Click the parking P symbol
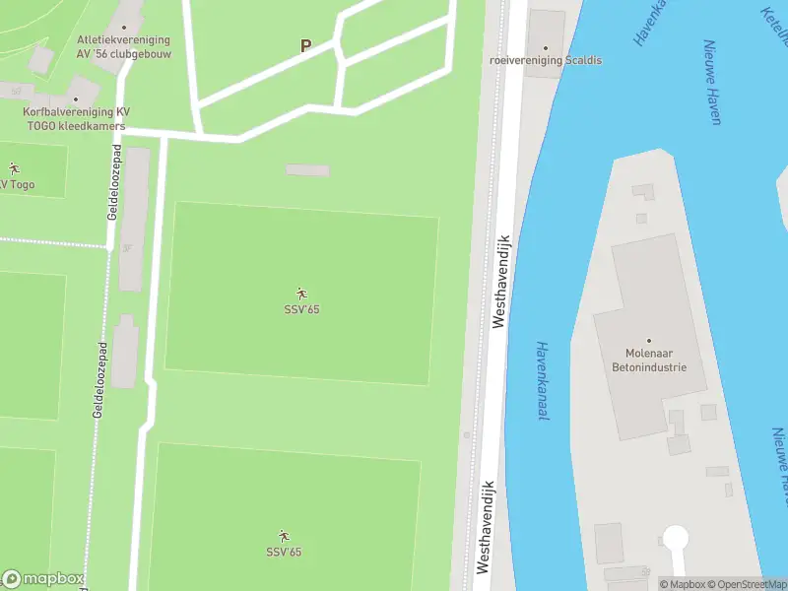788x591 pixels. coord(305,45)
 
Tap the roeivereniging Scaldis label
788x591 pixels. coord(545,60)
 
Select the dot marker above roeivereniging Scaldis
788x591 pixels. coord(545,45)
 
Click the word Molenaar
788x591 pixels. coord(648,354)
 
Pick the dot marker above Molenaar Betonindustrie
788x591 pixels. coord(648,340)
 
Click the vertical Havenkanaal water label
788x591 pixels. coord(541,380)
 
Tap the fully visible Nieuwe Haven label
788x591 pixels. coord(711,82)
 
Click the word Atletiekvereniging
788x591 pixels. coord(123,40)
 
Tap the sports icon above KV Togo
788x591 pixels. coord(14,168)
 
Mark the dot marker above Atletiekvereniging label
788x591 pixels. coord(124,27)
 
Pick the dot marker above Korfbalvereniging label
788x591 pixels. coord(75,98)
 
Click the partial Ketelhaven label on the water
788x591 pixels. coord(774,25)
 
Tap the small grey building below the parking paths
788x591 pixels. coord(307,170)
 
